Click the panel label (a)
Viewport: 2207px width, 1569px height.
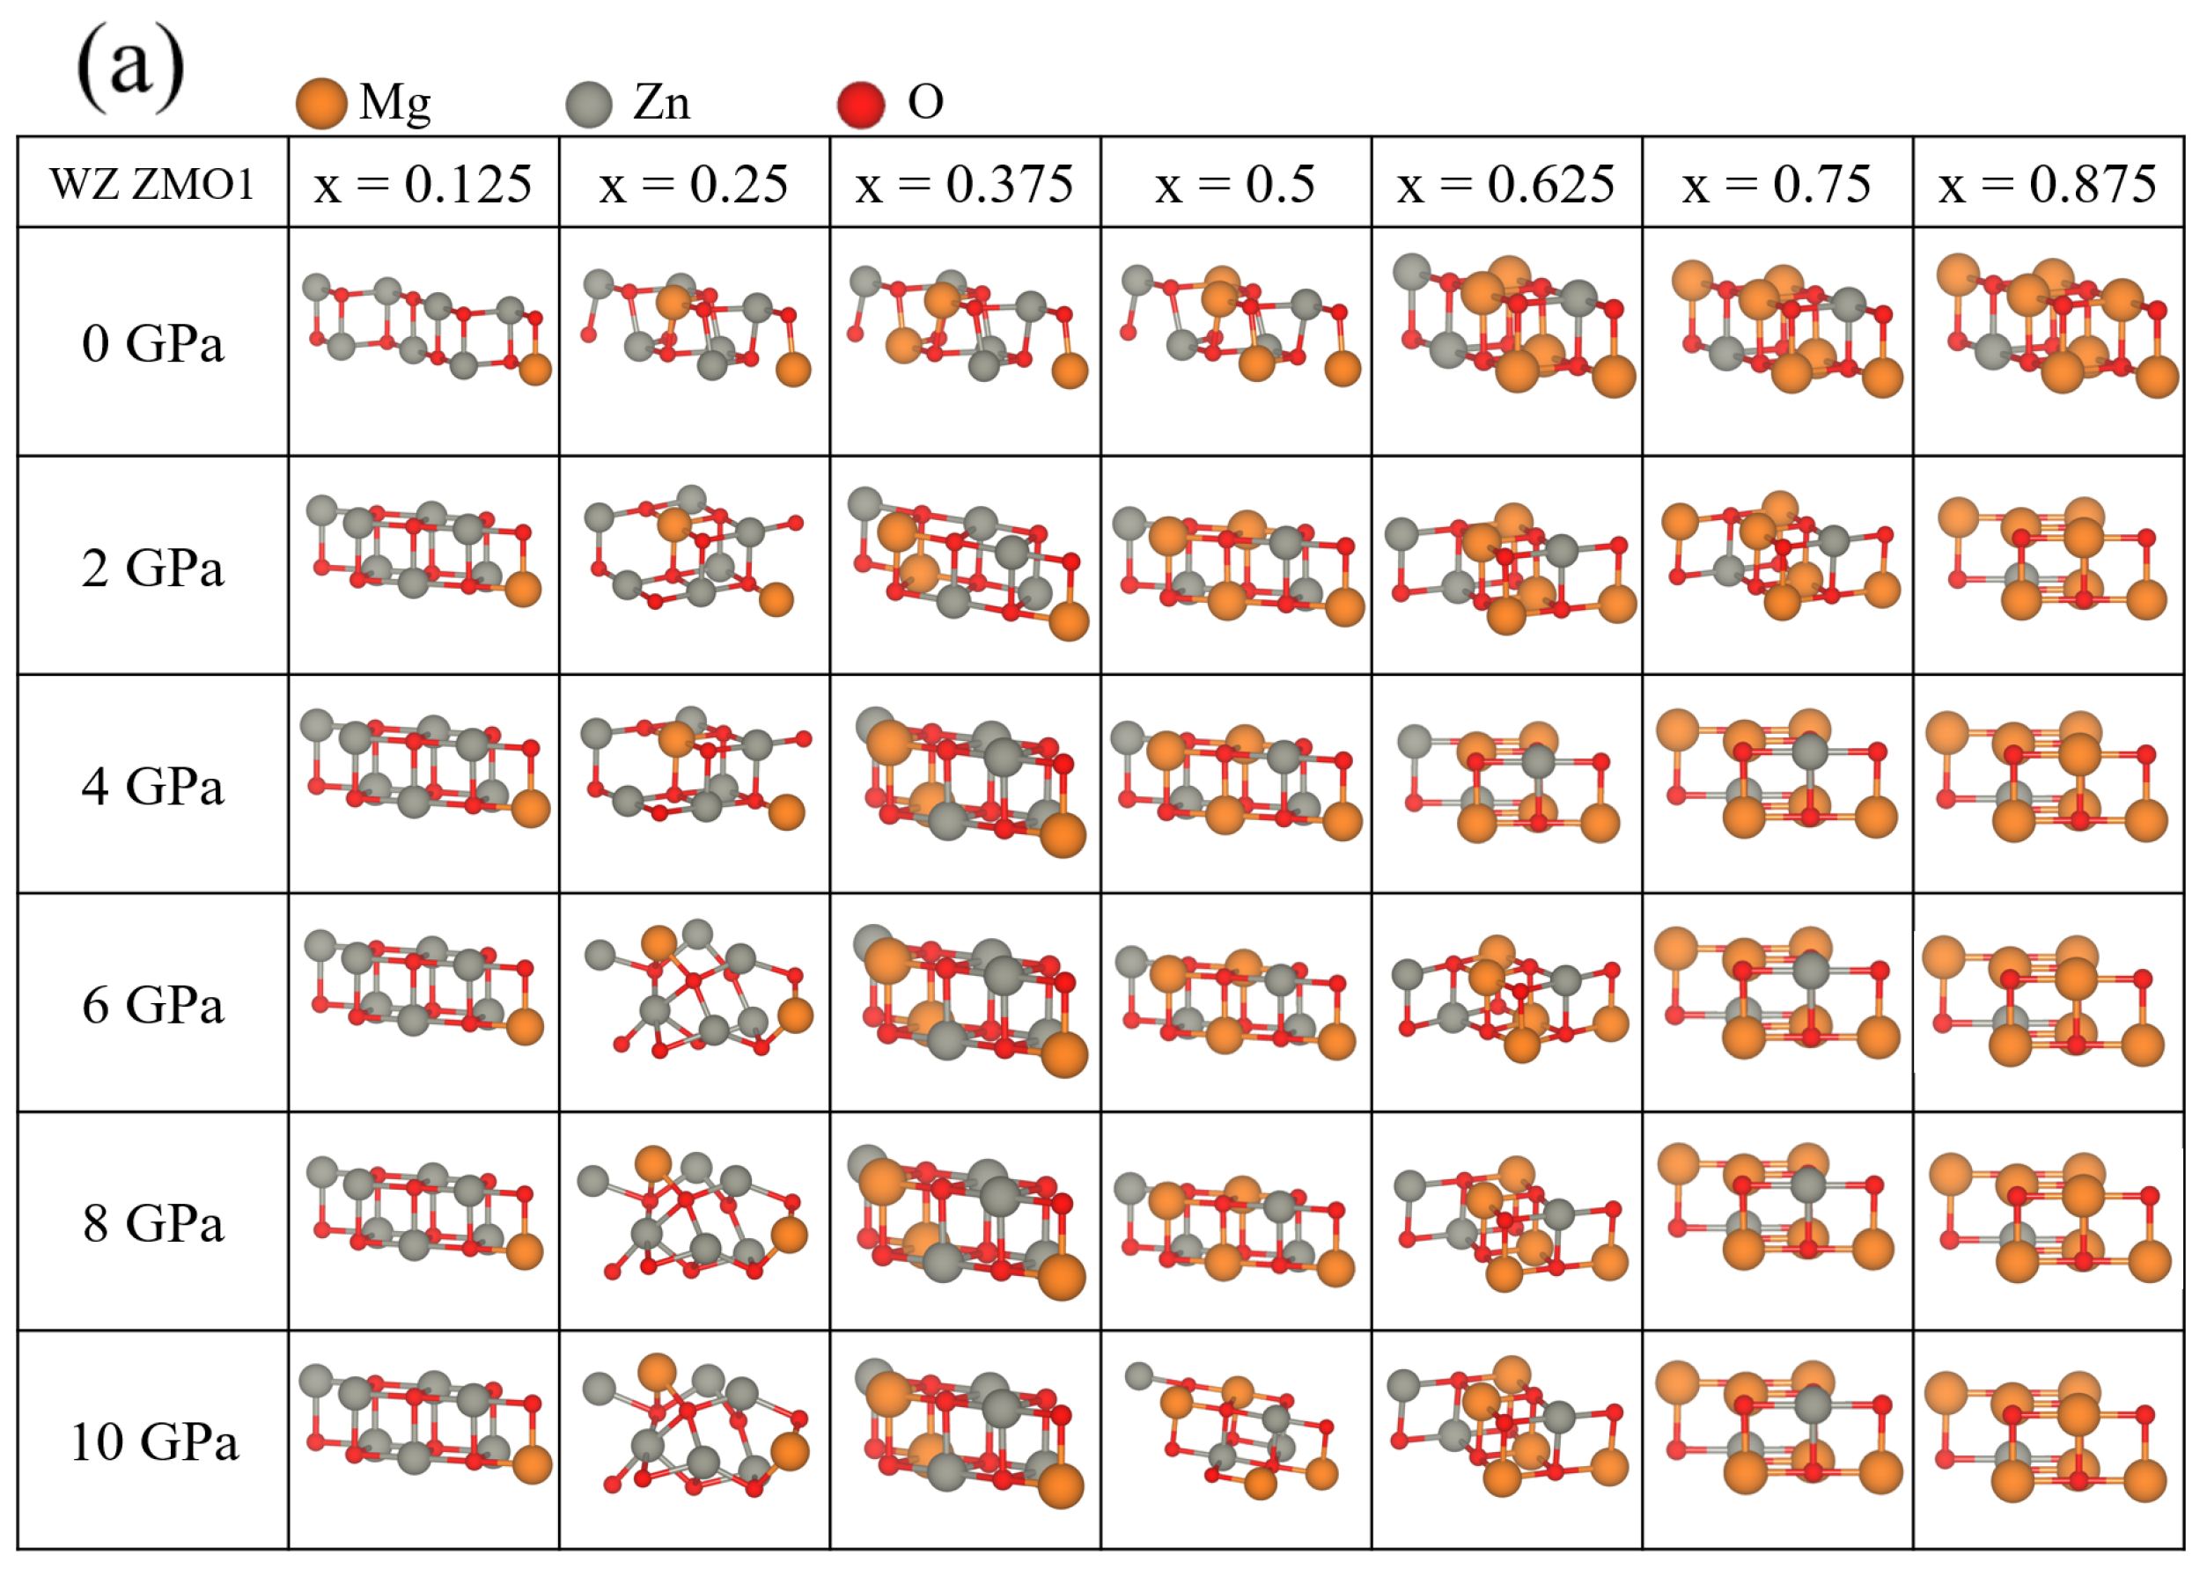tap(129, 68)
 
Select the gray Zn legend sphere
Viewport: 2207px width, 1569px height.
tap(588, 103)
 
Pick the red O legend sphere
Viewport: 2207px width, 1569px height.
tap(860, 103)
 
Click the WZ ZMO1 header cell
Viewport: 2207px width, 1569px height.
tap(152, 184)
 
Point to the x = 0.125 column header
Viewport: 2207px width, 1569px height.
tap(423, 184)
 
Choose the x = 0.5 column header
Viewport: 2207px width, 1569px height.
tap(1235, 184)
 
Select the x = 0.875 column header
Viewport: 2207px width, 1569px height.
tap(2048, 184)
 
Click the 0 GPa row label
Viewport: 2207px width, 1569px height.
tap(152, 343)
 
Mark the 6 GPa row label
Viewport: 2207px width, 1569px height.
tap(152, 1005)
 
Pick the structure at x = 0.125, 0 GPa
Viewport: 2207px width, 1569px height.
tap(425, 328)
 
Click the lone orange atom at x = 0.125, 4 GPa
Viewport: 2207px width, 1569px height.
tap(530, 809)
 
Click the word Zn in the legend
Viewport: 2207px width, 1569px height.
tap(661, 102)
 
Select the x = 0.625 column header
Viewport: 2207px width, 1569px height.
tap(1505, 184)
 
